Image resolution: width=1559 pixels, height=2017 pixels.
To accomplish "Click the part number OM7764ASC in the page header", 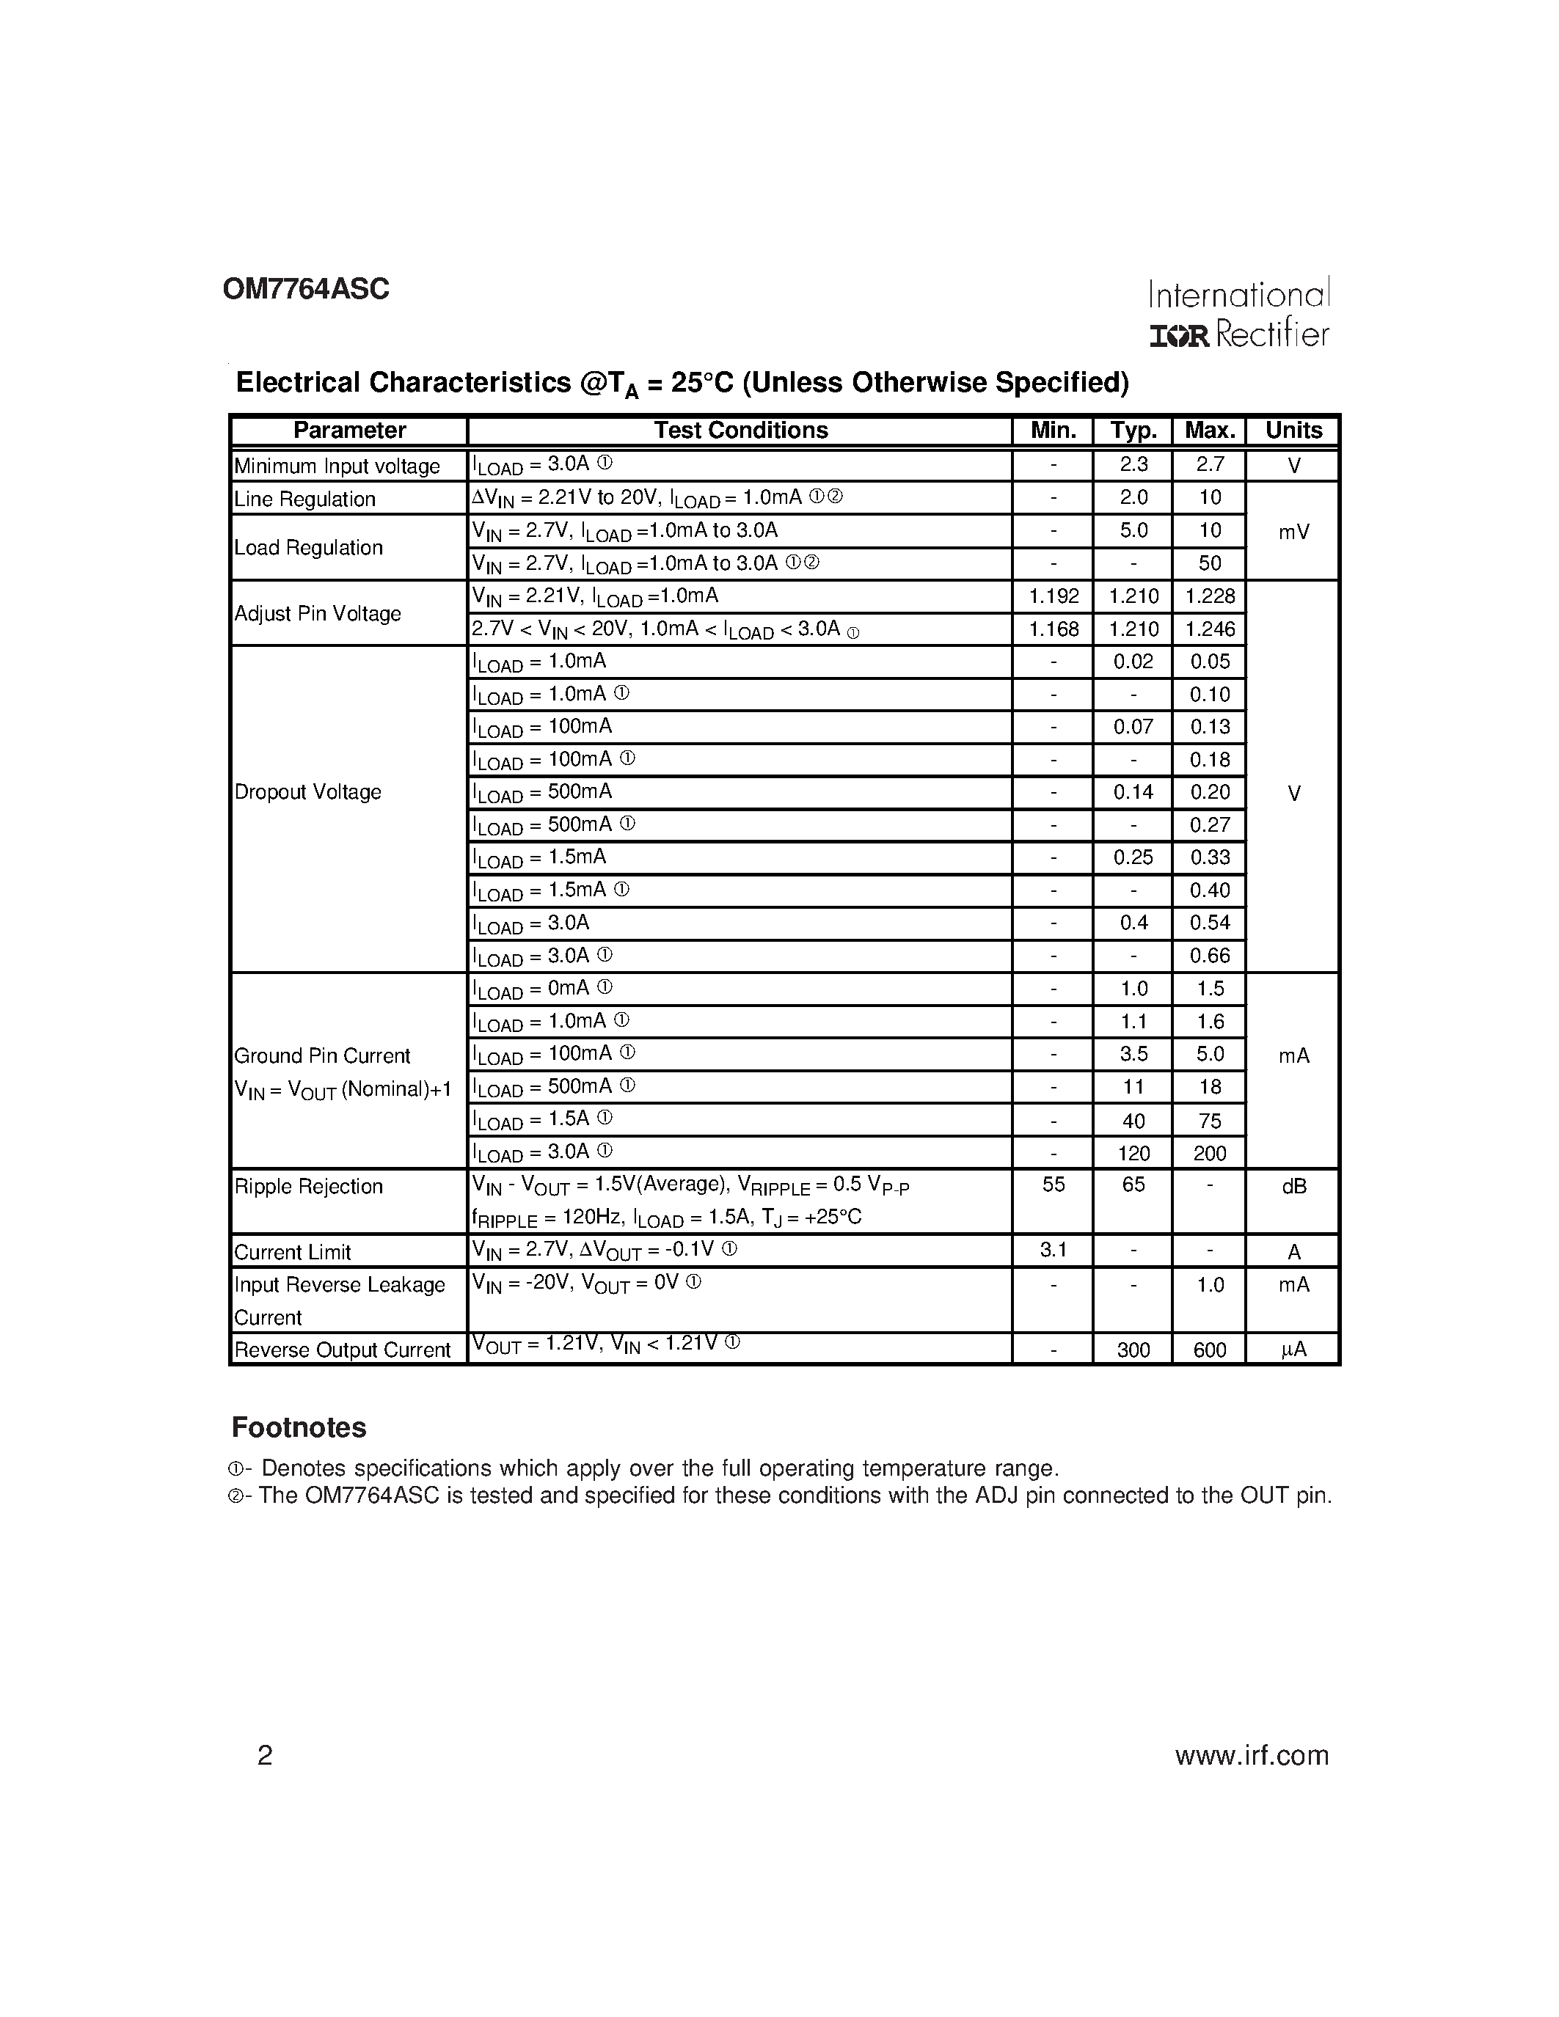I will click(306, 290).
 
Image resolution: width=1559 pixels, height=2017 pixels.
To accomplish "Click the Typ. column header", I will click(1133, 431).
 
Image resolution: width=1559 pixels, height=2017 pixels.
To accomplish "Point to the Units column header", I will click(1293, 431).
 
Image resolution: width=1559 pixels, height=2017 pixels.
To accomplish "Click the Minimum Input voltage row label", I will click(337, 466).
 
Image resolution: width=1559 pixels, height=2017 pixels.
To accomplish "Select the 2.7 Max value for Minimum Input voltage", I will click(1210, 464).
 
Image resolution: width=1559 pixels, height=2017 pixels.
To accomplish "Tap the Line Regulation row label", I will click(304, 499).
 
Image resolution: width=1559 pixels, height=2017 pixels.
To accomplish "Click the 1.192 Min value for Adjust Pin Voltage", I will click(1053, 596).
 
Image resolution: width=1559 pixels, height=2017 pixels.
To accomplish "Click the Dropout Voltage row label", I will click(307, 792).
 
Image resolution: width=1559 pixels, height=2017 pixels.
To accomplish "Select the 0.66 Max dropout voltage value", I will click(1210, 956).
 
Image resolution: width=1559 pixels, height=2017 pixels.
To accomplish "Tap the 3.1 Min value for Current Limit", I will click(1053, 1251).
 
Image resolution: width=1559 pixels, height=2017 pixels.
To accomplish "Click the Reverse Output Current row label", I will click(342, 1350).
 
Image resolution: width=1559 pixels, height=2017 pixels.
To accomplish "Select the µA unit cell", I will click(1293, 1350).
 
